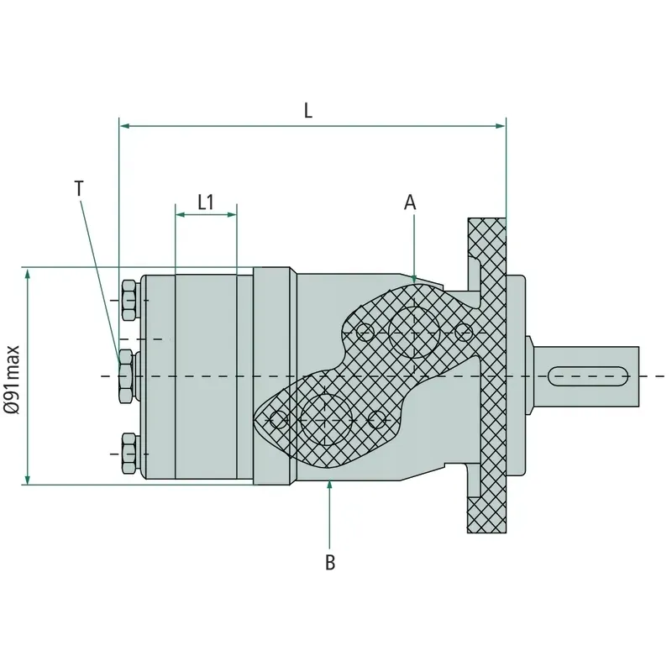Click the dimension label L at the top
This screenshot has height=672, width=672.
(x=308, y=110)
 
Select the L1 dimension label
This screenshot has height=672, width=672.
(x=206, y=202)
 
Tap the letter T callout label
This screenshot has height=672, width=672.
(x=79, y=188)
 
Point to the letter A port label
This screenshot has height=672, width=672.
(x=411, y=202)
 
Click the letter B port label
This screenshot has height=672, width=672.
(x=330, y=563)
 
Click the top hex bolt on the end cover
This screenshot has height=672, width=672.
(x=129, y=300)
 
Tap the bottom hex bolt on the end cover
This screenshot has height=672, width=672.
(x=129, y=452)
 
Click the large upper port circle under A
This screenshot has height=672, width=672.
(x=414, y=333)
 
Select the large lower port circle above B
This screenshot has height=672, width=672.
(x=325, y=417)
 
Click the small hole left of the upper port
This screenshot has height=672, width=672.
(x=365, y=333)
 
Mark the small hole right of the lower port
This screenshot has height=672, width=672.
(x=378, y=417)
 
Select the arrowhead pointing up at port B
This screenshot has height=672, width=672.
(x=330, y=485)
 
